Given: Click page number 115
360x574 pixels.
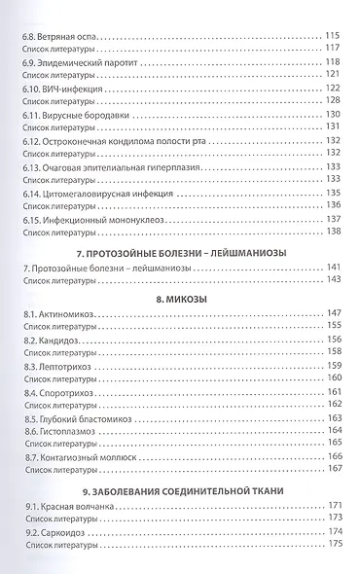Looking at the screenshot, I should point(332,36).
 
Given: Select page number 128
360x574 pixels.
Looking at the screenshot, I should point(332,100).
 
